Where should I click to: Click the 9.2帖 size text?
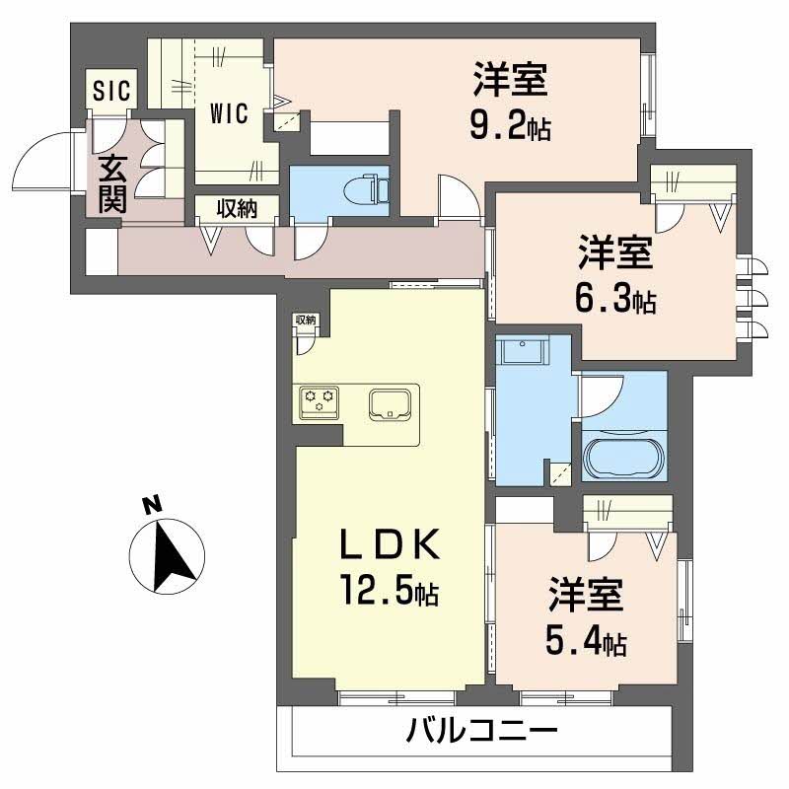pos(510,127)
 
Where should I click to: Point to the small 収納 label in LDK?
pos(305,320)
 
